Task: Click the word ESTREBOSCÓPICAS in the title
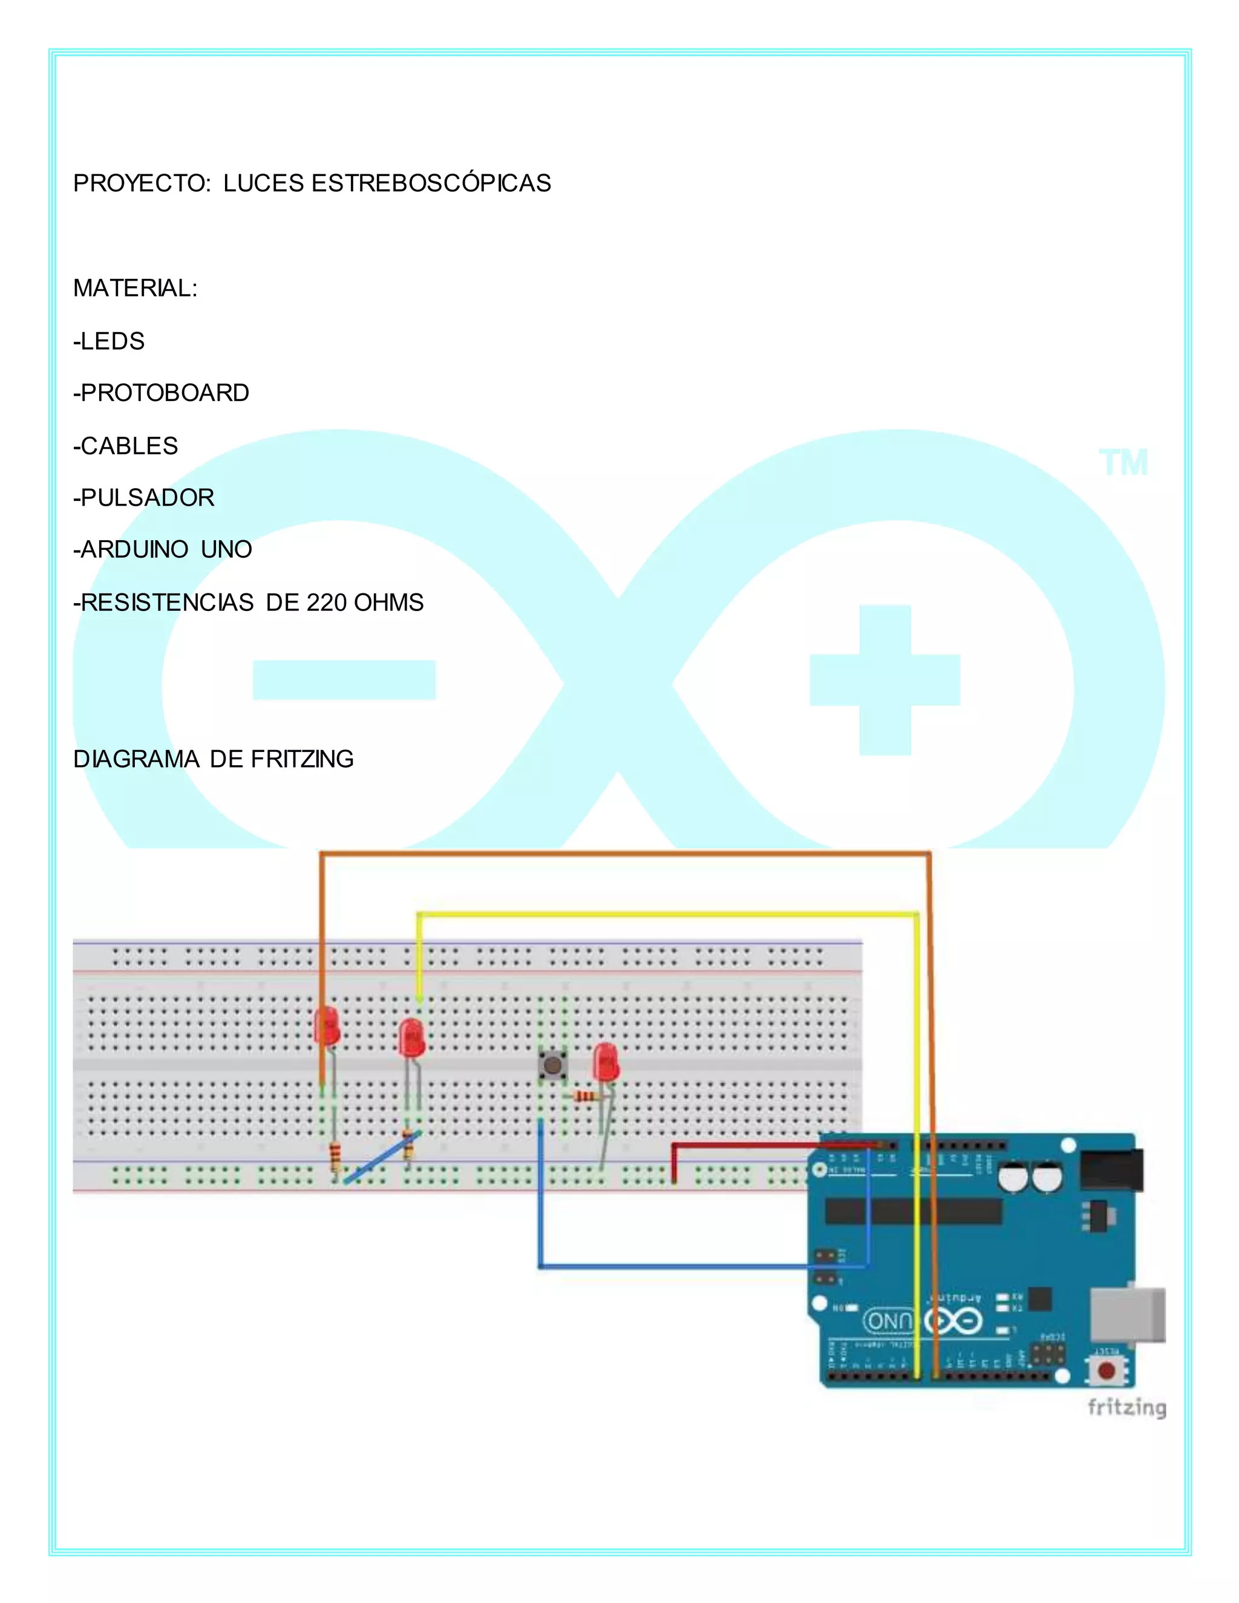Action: (431, 183)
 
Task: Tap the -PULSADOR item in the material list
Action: (144, 498)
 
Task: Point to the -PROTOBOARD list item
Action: (162, 393)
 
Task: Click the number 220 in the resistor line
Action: (327, 602)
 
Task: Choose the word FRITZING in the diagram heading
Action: (302, 759)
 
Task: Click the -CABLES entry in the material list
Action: (125, 446)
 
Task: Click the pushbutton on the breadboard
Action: (552, 1063)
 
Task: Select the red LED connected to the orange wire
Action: (327, 1025)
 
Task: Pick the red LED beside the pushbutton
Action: (606, 1060)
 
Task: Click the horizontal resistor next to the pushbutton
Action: (586, 1097)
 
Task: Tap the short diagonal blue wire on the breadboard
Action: (382, 1157)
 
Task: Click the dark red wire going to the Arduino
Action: (771, 1144)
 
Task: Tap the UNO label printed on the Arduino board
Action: (889, 1321)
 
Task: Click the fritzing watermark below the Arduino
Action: (1126, 1407)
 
